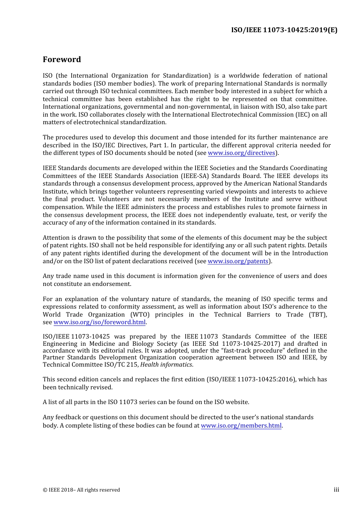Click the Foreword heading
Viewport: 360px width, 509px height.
click(x=62, y=59)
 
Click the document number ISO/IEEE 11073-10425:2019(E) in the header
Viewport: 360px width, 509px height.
click(x=284, y=30)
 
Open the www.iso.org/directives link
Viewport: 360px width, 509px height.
click(x=241, y=153)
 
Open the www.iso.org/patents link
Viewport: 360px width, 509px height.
click(x=238, y=261)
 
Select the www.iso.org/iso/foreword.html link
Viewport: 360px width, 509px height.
click(x=99, y=322)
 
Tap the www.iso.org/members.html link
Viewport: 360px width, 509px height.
click(x=241, y=426)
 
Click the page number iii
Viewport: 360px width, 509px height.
click(x=336, y=490)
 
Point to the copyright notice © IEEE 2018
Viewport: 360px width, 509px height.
click(x=81, y=490)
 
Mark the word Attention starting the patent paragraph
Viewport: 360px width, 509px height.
click(x=56, y=238)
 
